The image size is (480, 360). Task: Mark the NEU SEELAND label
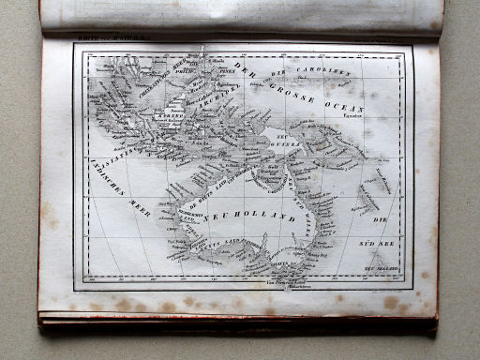(386, 266)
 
